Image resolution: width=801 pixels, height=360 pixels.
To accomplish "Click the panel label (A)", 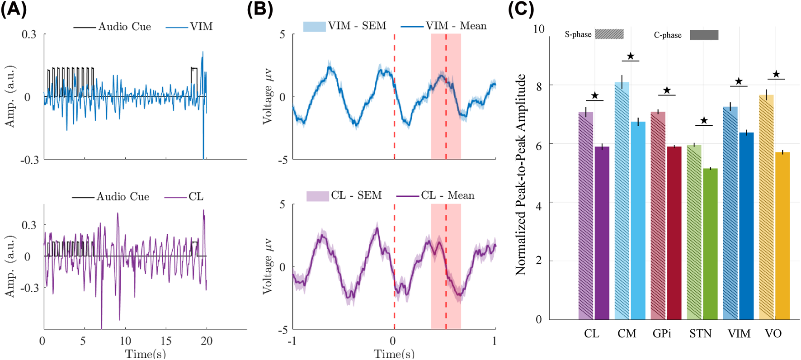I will coord(14,9).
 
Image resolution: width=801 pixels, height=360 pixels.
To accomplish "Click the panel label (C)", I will coord(521,9).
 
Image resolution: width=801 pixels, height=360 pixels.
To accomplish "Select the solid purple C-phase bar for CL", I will coord(602,233).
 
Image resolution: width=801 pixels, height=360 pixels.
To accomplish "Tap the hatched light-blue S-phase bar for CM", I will coord(622,201).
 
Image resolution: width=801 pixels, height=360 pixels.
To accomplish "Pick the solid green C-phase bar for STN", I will coord(710,244).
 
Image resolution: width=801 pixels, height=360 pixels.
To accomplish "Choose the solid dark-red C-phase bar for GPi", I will coord(674,233).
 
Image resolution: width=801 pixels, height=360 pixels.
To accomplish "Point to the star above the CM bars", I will coord(631,57).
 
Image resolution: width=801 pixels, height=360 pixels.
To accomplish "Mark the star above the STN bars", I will coord(704,121).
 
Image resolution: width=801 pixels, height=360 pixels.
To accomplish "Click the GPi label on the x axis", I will coord(662,334).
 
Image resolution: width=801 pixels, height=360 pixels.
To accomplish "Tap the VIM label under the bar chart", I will coord(739,334).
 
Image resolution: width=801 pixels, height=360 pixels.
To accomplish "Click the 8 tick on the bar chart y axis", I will coord(539,86).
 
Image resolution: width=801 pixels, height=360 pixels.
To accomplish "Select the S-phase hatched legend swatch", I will coord(609,34).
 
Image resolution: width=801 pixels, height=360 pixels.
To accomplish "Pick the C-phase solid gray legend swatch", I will coord(704,35).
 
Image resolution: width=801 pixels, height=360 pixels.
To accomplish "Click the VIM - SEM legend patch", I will coord(314,26).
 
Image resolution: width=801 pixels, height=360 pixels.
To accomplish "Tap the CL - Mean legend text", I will coord(448,195).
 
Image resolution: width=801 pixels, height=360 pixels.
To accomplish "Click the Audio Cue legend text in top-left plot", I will coord(125,27).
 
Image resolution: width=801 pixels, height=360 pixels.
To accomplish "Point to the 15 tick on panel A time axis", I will coord(166,341).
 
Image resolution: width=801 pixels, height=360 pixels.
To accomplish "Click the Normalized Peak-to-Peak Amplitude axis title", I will coord(521,175).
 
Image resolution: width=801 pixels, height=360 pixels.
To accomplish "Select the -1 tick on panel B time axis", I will coord(293,341).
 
